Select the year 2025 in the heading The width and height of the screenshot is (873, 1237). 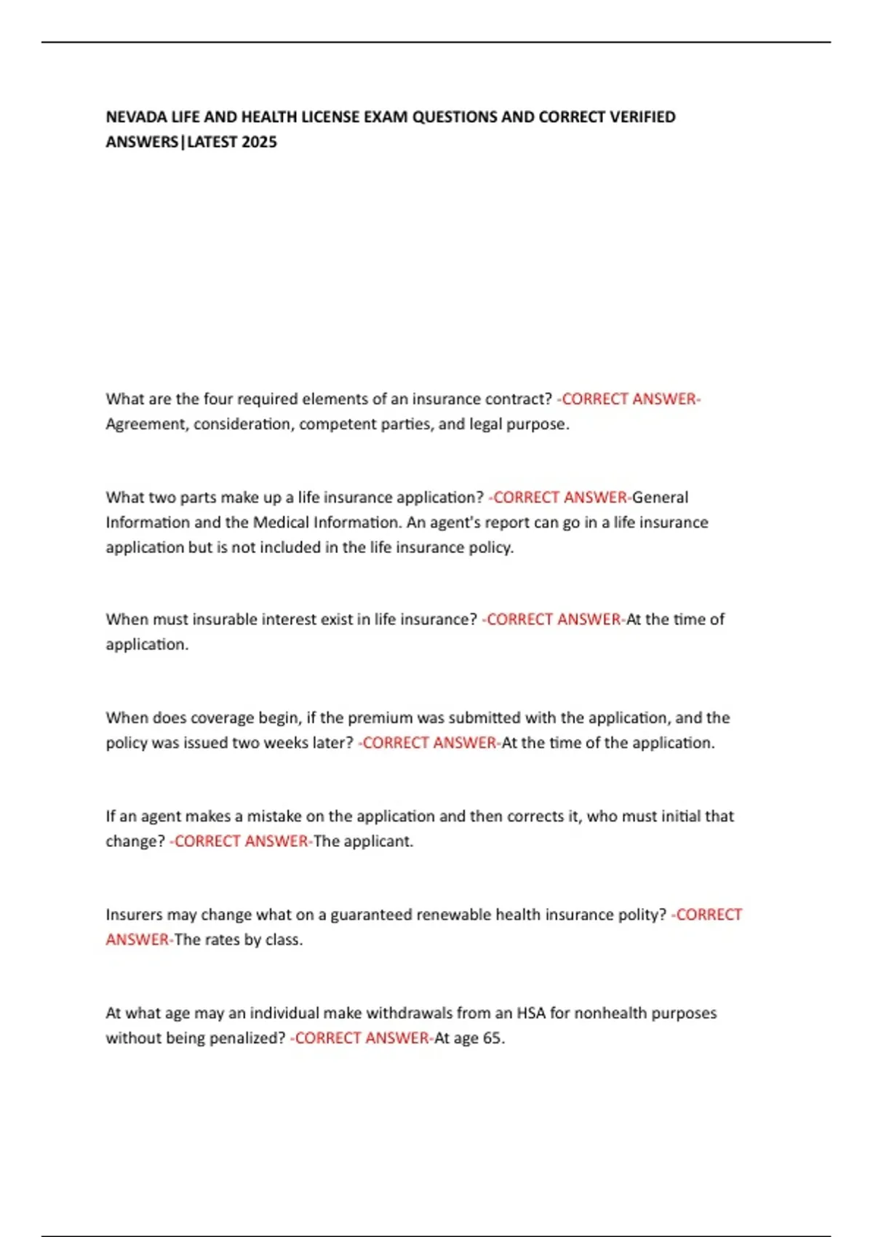[259, 142]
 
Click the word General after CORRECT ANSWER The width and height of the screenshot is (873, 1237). [660, 498]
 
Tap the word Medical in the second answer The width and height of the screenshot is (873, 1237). [280, 522]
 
